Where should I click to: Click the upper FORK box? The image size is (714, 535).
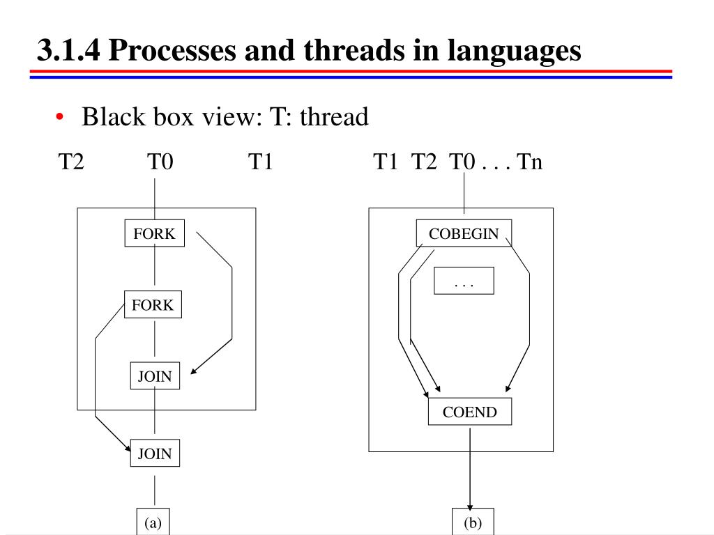(x=155, y=233)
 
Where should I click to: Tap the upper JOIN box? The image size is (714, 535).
(x=154, y=375)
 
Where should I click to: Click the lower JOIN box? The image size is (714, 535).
(x=154, y=453)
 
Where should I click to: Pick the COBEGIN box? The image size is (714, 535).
(x=464, y=233)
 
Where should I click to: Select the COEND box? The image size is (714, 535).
(x=470, y=412)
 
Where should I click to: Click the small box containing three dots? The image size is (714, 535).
(x=464, y=281)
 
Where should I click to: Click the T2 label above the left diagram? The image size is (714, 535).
(x=71, y=162)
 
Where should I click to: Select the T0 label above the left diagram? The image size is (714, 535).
(x=160, y=162)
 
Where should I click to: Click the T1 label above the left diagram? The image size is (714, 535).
(x=259, y=162)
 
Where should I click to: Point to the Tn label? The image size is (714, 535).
(x=529, y=162)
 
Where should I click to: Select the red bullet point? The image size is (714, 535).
(x=61, y=117)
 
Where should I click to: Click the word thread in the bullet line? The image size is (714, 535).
(x=333, y=117)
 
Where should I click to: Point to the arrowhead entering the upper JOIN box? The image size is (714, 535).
(x=194, y=372)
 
